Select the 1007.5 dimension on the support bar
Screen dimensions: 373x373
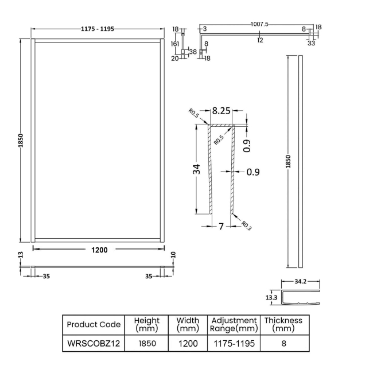pyautogui.click(x=259, y=24)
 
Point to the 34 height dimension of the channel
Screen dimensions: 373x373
pyautogui.click(x=197, y=169)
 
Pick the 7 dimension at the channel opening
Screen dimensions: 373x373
pyautogui.click(x=221, y=226)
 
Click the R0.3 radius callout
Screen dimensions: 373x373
pyautogui.click(x=246, y=225)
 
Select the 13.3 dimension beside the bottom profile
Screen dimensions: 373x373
pyautogui.click(x=271, y=298)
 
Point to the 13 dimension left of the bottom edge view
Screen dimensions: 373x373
pyautogui.click(x=21, y=255)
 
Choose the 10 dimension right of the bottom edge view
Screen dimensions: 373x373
pyautogui.click(x=173, y=255)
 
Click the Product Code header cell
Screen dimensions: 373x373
pyautogui.click(x=94, y=324)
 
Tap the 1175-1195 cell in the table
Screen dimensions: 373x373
pyautogui.click(x=234, y=344)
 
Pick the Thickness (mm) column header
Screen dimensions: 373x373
pyautogui.click(x=283, y=324)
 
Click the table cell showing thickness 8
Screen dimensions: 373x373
pyautogui.click(x=283, y=344)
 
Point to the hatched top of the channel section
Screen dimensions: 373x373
pyautogui.click(x=221, y=125)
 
